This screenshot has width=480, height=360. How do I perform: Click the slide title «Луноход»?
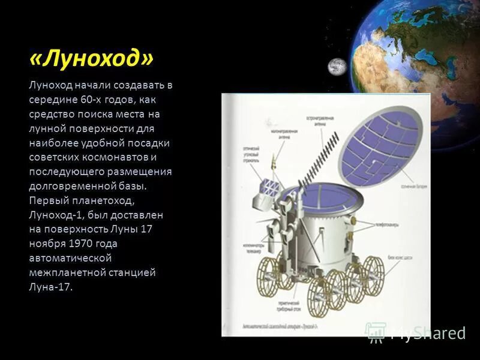91,59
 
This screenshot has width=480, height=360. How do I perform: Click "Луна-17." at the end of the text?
50,286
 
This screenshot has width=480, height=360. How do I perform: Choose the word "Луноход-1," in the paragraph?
55,214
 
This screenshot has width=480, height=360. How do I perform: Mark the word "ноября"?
46,243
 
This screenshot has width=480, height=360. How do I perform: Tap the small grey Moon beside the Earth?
337,67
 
